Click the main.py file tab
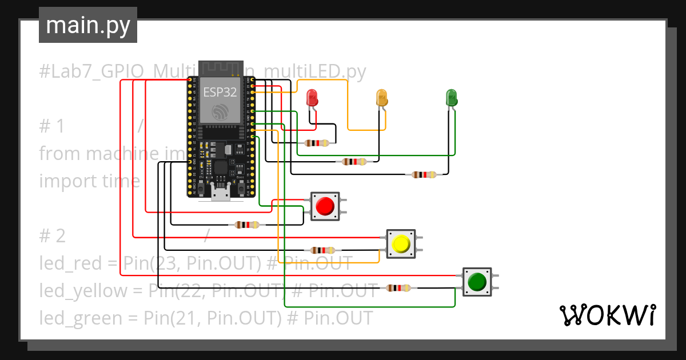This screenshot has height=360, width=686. pos(87,25)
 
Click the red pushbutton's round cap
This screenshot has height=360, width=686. pos(325,206)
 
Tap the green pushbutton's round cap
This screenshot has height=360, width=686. pos(477,282)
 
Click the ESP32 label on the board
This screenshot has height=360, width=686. pos(220,92)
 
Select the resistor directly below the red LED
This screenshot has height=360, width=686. pos(317,143)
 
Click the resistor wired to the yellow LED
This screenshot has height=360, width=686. pos(354,162)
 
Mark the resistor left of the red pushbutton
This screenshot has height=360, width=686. pos(246,225)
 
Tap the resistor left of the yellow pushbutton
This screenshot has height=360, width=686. pos(322,250)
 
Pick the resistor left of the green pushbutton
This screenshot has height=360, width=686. pos(398,288)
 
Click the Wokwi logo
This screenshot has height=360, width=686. pos(607,315)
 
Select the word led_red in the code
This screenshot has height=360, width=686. pos(70,263)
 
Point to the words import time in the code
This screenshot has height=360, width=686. pos(90,181)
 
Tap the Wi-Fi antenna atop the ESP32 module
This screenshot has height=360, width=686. pos(220,67)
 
